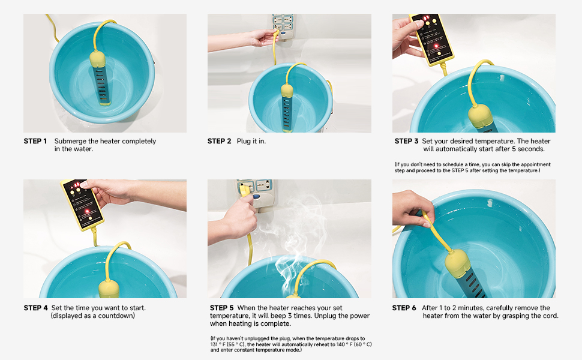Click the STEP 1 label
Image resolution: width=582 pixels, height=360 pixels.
click(x=35, y=141)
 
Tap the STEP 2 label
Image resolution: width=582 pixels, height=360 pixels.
click(x=220, y=141)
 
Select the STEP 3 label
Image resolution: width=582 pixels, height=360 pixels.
click(x=406, y=141)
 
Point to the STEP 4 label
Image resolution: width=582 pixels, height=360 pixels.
click(x=35, y=308)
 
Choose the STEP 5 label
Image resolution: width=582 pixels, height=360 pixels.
click(x=221, y=308)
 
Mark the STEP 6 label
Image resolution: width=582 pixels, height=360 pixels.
click(x=404, y=308)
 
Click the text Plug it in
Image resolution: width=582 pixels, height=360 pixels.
click(x=251, y=142)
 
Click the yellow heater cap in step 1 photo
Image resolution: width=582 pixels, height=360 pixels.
click(x=98, y=59)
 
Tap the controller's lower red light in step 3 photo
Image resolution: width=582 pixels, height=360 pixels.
click(x=436, y=46)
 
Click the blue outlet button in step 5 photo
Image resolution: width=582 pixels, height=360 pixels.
click(x=256, y=197)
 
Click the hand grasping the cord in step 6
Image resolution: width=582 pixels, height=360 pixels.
click(x=412, y=208)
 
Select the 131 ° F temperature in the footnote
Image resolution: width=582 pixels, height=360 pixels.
click(x=218, y=344)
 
